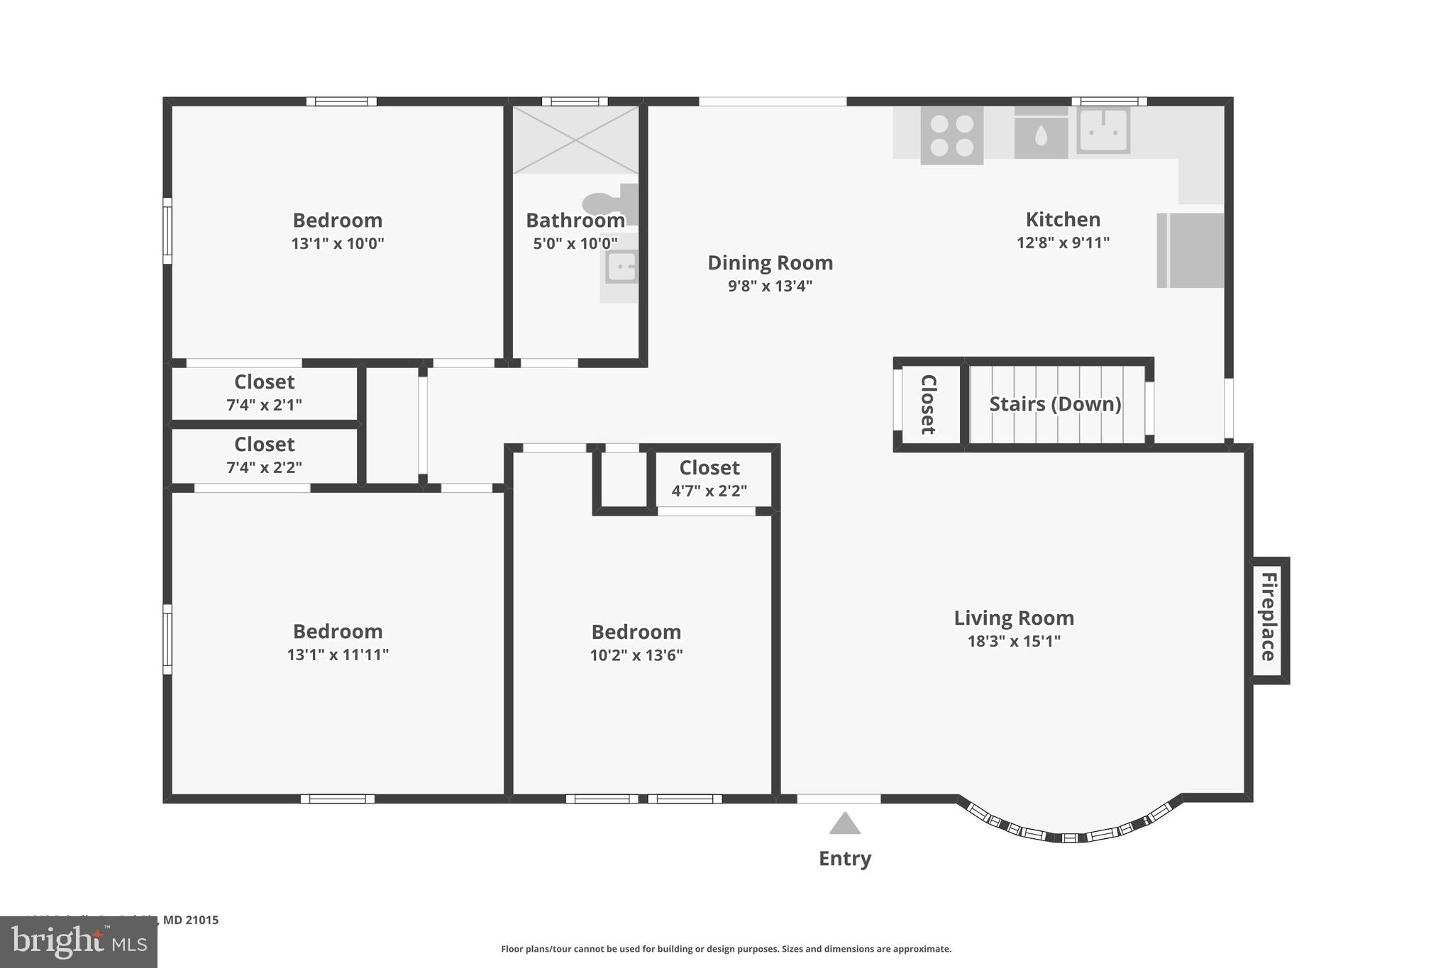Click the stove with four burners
click(x=951, y=135)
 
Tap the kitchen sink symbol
click(x=1103, y=130)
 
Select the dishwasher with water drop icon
click(x=1041, y=134)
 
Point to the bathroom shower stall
click(x=575, y=140)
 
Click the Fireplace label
click(x=1269, y=616)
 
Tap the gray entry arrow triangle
click(x=844, y=824)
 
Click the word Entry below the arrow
click(x=844, y=859)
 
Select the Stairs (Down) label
click(x=1055, y=404)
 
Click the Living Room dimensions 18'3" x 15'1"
click(x=1014, y=642)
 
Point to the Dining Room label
click(x=770, y=263)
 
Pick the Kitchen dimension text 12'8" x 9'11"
click(x=1063, y=243)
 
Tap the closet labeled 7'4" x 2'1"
click(x=264, y=393)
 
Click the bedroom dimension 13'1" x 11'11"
click(x=338, y=655)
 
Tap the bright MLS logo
click(x=78, y=942)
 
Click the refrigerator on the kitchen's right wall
click(x=1190, y=250)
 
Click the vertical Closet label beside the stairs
click(x=928, y=404)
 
